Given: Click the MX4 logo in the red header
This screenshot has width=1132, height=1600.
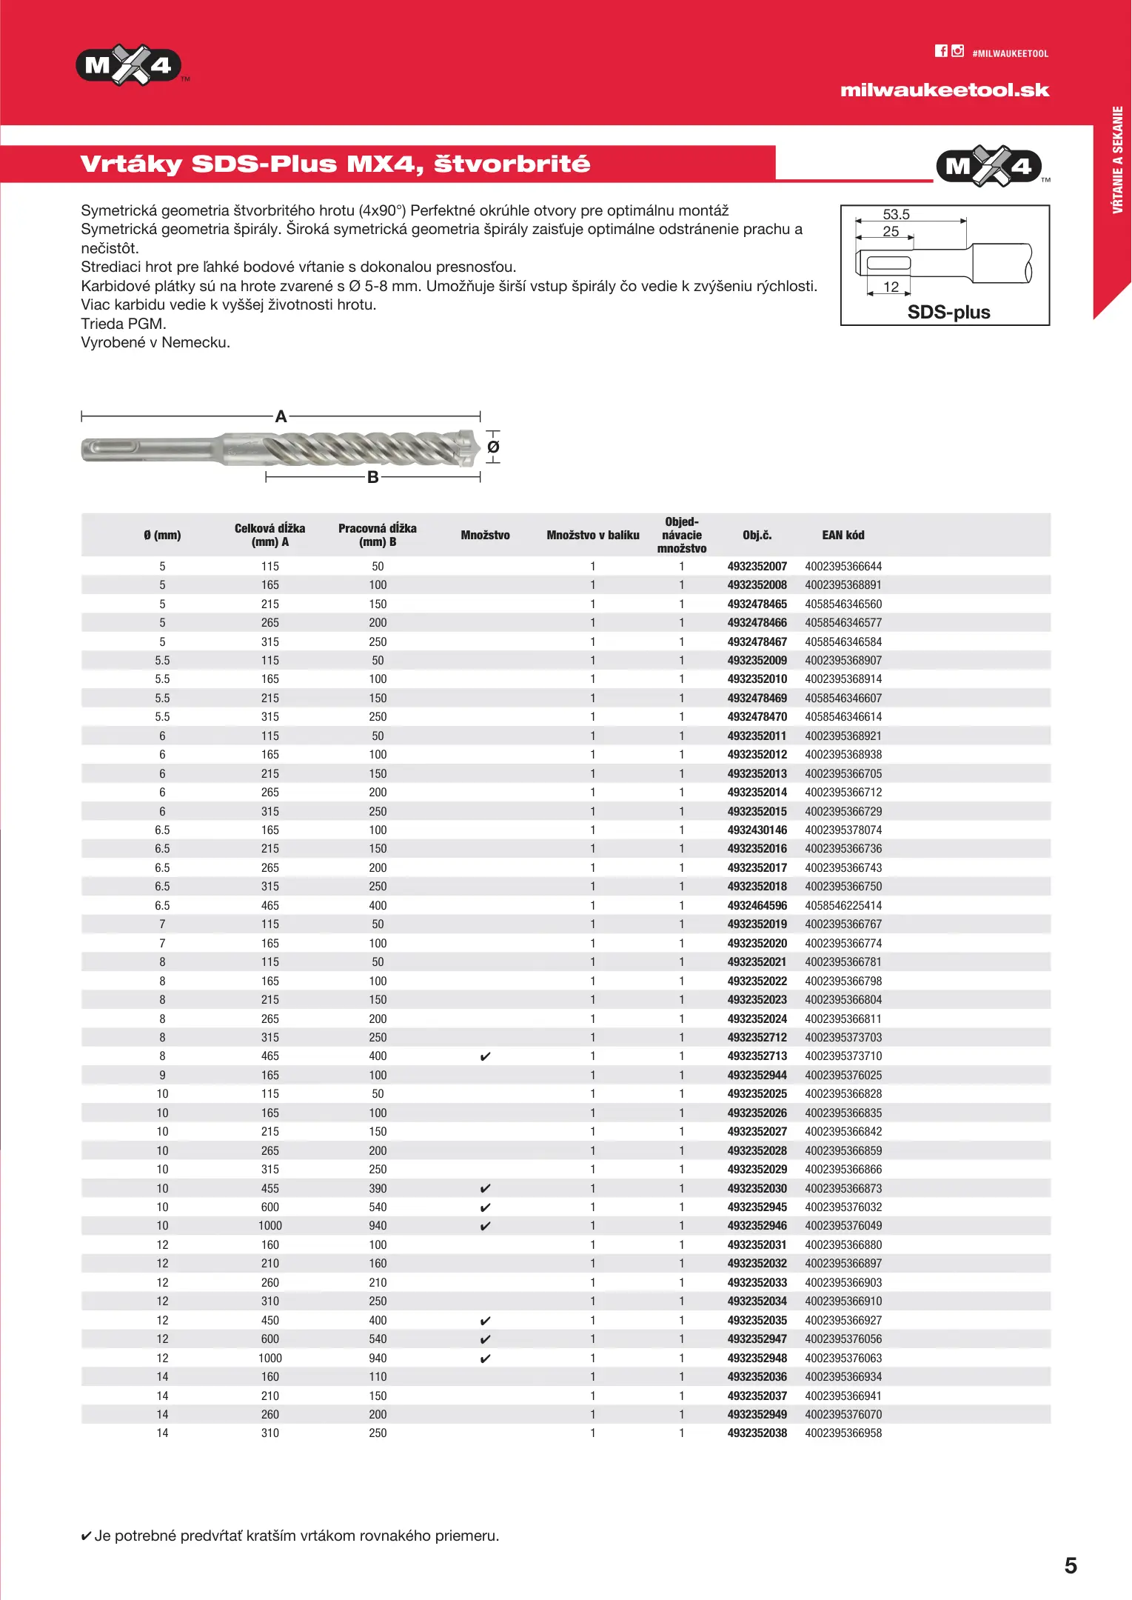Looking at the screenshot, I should click(128, 66).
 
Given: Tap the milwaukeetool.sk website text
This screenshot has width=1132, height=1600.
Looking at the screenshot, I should click(944, 90).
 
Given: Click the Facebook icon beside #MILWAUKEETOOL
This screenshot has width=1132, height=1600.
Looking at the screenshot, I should click(941, 51).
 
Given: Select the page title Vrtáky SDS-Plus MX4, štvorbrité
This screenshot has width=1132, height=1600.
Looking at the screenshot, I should click(335, 164).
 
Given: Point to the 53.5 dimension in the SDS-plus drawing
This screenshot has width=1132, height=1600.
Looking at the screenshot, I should click(896, 214).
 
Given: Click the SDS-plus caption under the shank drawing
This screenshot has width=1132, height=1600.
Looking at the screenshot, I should click(948, 312).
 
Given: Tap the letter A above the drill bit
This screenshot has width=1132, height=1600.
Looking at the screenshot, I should click(281, 416).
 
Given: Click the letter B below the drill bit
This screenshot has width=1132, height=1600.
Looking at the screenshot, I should click(373, 478).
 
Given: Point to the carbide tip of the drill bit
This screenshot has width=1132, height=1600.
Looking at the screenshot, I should click(468, 447).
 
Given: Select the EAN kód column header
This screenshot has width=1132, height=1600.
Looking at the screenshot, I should click(843, 535).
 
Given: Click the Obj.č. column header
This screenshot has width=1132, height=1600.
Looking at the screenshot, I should click(757, 535).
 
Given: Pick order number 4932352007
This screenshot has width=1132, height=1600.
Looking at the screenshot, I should click(757, 567).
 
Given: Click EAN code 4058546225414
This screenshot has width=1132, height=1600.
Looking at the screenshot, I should click(843, 906).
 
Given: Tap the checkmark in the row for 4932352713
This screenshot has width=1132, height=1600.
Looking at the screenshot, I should click(485, 1056).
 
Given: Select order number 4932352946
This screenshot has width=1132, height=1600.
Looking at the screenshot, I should click(757, 1226).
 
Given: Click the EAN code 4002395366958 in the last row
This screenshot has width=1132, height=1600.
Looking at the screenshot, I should click(843, 1433).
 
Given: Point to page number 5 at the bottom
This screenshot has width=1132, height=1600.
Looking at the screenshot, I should click(1071, 1565).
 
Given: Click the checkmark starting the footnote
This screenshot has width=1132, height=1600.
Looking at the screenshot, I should click(86, 1536).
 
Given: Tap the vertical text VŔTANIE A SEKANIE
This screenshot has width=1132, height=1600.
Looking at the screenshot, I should click(1117, 160).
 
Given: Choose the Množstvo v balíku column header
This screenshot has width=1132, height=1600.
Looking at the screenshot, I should click(592, 535).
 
